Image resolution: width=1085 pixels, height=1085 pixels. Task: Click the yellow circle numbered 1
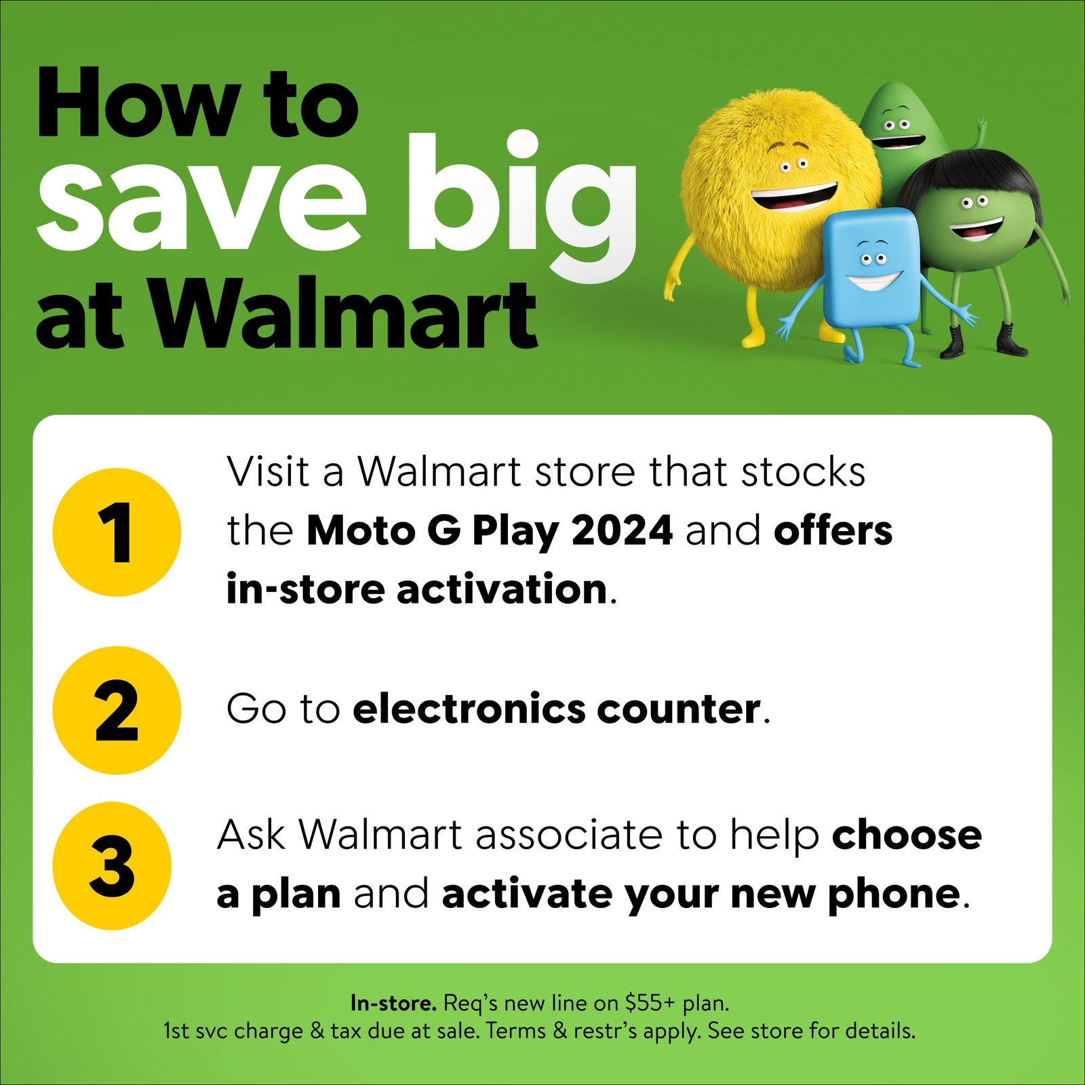117,532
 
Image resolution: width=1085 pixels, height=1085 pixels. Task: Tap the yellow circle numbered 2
117,710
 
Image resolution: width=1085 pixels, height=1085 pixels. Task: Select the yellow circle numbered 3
112,865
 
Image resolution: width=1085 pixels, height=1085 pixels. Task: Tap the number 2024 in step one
622,530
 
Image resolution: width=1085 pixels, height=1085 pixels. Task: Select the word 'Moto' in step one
360,530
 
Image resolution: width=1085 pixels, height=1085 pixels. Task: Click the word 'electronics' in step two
467,709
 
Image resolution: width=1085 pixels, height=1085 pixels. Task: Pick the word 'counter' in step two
678,710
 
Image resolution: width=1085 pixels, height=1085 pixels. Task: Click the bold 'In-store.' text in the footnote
393,1002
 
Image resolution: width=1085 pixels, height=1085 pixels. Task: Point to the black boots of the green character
983,340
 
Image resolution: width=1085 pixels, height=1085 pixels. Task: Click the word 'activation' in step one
501,589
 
